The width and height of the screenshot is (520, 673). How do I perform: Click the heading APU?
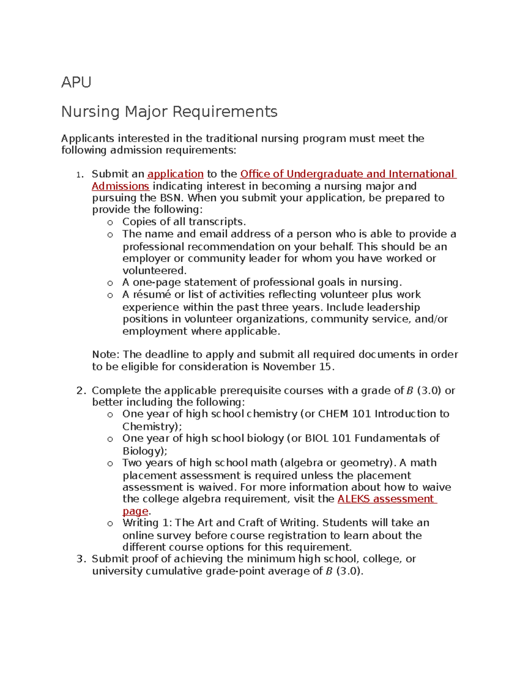pyautogui.click(x=76, y=82)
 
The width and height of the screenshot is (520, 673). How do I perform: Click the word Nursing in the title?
pyautogui.click(x=90, y=112)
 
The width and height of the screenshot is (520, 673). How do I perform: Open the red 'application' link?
pyautogui.click(x=175, y=174)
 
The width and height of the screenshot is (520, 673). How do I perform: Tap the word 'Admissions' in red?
pyautogui.click(x=120, y=186)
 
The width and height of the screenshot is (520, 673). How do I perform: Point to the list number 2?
pyautogui.click(x=81, y=391)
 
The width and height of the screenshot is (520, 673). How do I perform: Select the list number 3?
pyautogui.click(x=81, y=559)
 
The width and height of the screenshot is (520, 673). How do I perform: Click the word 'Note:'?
pyautogui.click(x=106, y=354)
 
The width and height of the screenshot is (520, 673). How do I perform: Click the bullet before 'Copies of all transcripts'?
pyautogui.click(x=110, y=223)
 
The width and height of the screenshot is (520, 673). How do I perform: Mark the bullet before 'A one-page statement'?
pyautogui.click(x=110, y=283)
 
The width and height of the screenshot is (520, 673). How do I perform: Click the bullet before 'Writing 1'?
pyautogui.click(x=110, y=524)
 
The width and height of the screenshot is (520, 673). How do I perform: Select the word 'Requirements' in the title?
pyautogui.click(x=225, y=112)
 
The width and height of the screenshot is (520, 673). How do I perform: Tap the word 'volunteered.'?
pyautogui.click(x=154, y=271)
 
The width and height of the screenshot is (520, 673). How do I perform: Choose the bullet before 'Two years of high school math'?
pyautogui.click(x=110, y=464)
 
